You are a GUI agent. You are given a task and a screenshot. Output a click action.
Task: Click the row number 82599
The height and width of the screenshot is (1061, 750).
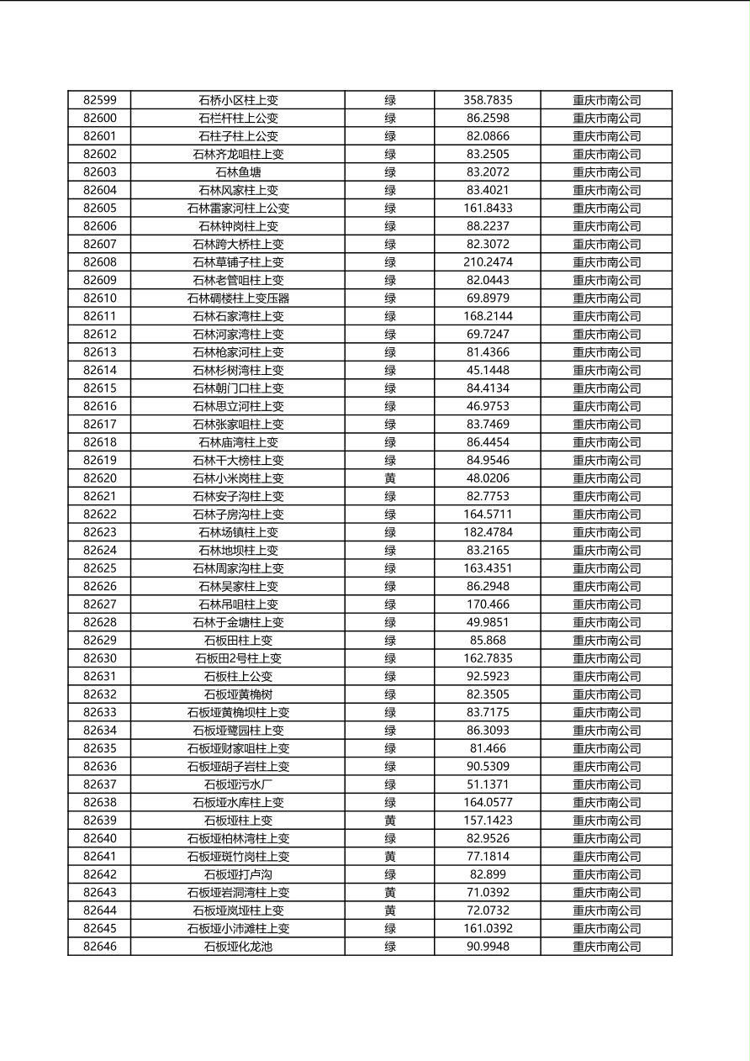[x=100, y=100]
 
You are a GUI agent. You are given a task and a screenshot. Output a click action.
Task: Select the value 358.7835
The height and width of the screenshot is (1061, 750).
[x=488, y=100]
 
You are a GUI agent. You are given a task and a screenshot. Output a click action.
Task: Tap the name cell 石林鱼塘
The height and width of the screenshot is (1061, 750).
[x=238, y=172]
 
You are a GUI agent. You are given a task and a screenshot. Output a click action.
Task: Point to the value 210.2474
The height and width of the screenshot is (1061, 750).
[x=488, y=262]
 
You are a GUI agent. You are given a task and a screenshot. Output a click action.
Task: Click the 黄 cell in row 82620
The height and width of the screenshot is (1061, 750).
[x=390, y=478]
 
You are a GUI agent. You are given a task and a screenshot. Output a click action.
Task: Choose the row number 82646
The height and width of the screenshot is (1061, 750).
[x=100, y=947]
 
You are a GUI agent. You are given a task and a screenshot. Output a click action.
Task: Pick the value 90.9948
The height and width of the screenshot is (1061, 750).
[x=488, y=947]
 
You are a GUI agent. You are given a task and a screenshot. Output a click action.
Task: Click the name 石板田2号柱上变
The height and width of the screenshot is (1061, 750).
[x=238, y=658]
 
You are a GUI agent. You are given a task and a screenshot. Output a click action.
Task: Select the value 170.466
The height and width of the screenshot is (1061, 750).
[x=488, y=604]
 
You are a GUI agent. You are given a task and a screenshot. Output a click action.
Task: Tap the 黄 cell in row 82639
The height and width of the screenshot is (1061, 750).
[x=390, y=821]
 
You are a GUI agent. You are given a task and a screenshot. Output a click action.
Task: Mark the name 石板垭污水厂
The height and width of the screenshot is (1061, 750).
[x=238, y=784]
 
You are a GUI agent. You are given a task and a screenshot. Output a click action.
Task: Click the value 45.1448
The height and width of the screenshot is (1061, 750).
[x=488, y=370]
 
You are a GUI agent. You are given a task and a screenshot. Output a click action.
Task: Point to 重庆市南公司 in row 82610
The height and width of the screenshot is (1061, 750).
[x=606, y=298]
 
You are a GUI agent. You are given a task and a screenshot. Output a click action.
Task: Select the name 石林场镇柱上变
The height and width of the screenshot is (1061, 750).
[x=238, y=532]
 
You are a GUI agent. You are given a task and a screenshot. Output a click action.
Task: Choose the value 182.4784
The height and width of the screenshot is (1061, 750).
[x=488, y=532]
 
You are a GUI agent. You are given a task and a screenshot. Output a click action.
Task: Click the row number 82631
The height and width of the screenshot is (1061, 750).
[x=100, y=677]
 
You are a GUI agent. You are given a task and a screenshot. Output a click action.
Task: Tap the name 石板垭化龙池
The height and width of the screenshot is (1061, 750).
[x=238, y=947]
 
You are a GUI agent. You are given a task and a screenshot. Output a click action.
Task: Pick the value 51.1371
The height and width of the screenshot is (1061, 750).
[x=488, y=784]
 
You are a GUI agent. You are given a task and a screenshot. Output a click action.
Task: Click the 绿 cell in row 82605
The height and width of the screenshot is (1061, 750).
[x=390, y=209]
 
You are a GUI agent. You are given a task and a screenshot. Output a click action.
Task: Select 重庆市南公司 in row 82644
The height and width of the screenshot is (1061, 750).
[x=606, y=911]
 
